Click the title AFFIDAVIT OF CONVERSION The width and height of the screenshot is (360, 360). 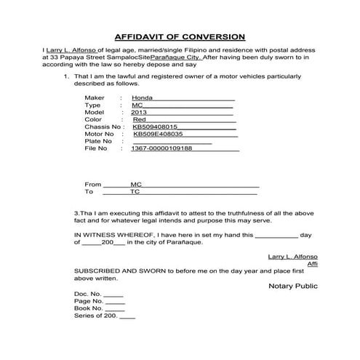click(180, 36)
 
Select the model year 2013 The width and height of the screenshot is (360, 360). click(139, 113)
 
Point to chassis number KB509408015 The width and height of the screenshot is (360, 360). click(156, 127)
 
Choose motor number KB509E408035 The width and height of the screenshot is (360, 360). click(158, 135)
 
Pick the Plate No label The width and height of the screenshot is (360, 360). click(100, 142)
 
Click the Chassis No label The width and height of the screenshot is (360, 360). click(104, 127)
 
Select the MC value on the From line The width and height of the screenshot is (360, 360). click(135, 185)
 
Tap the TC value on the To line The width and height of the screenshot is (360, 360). click(135, 192)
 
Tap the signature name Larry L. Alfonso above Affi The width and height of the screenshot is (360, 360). click(293, 257)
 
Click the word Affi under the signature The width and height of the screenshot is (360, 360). click(313, 265)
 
